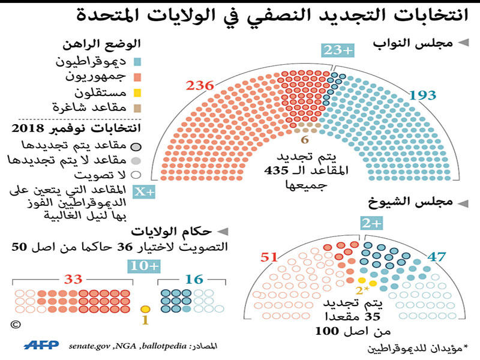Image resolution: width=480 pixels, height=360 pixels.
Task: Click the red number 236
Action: coord(200,86)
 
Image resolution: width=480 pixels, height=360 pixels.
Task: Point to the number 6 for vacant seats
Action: coord(304,140)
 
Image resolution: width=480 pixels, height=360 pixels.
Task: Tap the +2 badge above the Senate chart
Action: coord(371,224)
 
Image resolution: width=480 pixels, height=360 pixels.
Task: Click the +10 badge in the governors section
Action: coord(144,266)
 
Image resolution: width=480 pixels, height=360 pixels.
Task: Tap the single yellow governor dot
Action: coord(145,309)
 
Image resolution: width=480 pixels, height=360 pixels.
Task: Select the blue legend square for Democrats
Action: coord(137,62)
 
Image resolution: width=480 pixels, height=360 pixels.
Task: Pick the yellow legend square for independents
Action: coord(137,93)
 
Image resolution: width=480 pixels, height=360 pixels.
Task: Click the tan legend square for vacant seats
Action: coord(137,108)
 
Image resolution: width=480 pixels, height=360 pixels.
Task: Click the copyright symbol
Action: coord(16,325)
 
